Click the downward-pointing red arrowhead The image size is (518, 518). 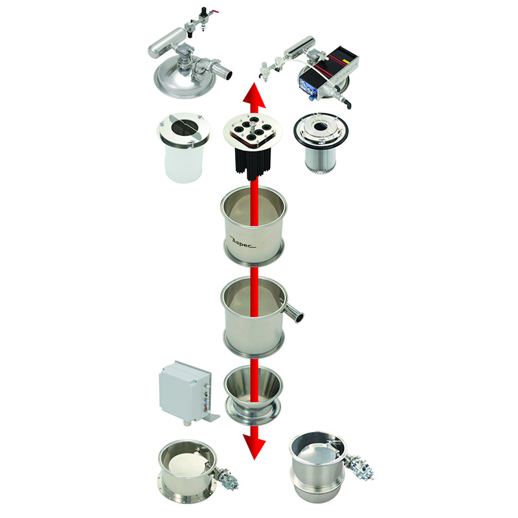coord(254,447)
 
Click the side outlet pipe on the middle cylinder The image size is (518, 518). coord(293,313)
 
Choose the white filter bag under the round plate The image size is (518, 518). coord(183,163)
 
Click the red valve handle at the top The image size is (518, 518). coord(215,13)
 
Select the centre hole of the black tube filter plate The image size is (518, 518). coord(253,126)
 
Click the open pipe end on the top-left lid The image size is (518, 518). coord(228,74)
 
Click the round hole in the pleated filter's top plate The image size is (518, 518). coord(321,126)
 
